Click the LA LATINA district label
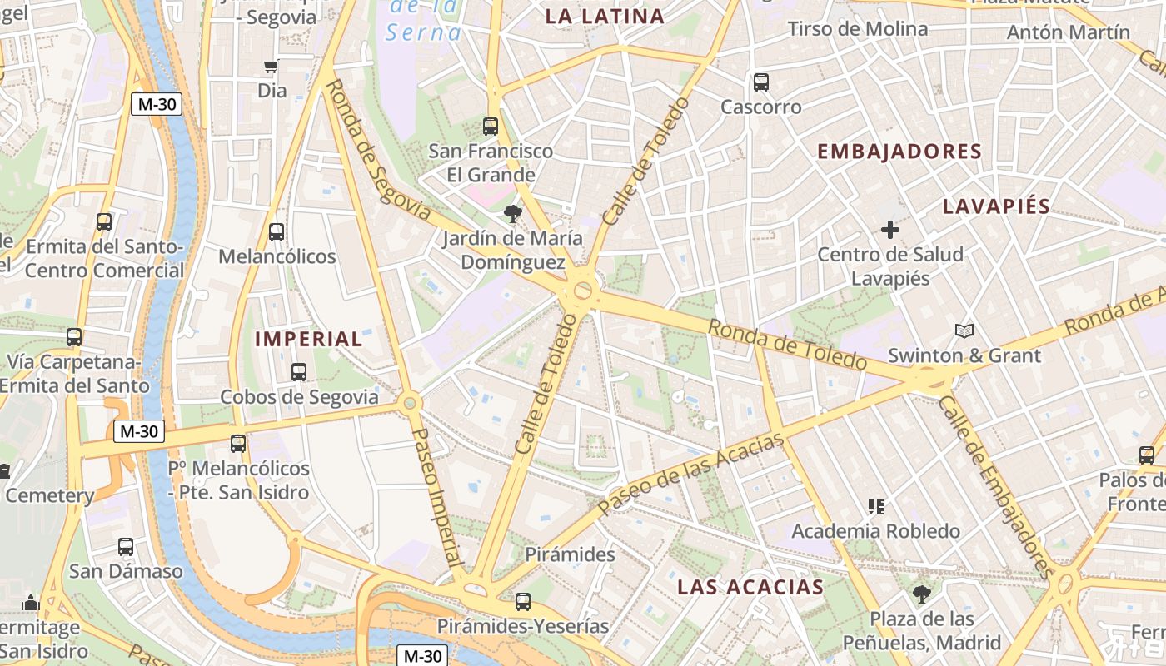605,16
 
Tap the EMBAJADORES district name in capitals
899,152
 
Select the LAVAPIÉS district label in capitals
996,206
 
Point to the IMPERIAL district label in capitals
308,339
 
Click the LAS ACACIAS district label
750,586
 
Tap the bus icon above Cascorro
761,82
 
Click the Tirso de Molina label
857,29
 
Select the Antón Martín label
1068,32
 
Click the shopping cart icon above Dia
271,67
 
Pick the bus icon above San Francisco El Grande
491,127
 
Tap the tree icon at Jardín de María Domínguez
512,215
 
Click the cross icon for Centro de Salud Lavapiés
890,229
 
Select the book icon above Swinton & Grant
964,331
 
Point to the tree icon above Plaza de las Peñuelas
921,594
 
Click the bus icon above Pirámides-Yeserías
523,601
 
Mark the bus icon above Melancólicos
277,232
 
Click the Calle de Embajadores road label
996,486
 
